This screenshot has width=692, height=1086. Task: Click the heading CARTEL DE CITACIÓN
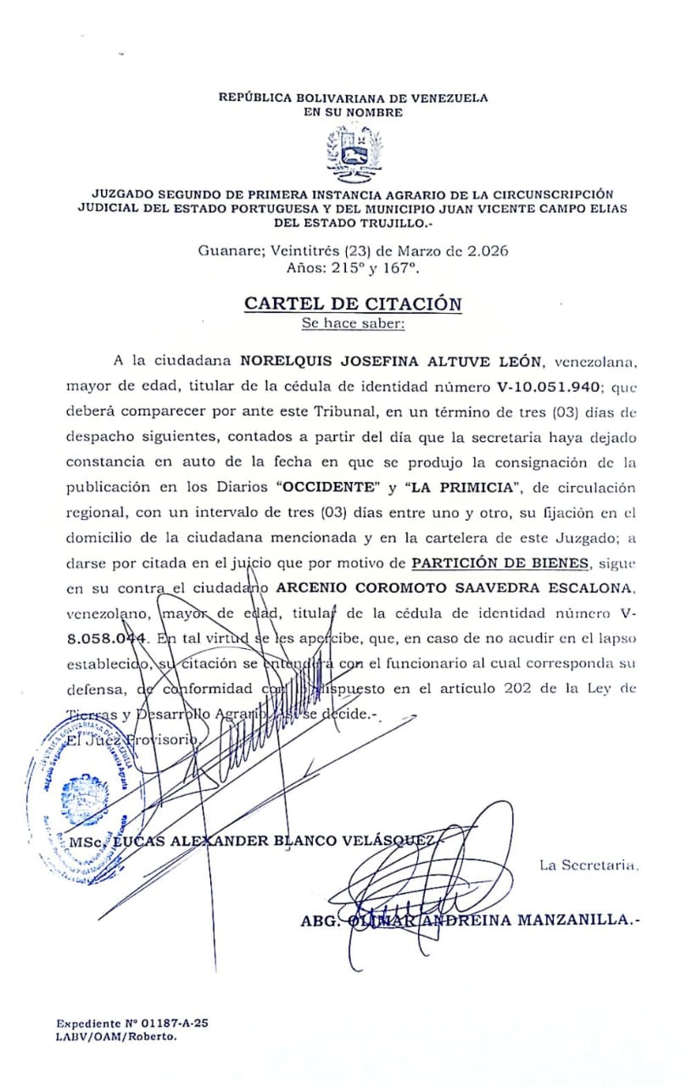[x=353, y=304]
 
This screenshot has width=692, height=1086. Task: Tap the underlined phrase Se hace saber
[x=353, y=323]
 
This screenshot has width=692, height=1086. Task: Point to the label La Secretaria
[x=588, y=865]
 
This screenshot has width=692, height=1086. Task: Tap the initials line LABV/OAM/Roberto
[x=116, y=1037]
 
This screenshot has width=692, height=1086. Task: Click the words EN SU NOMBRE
[x=354, y=112]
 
